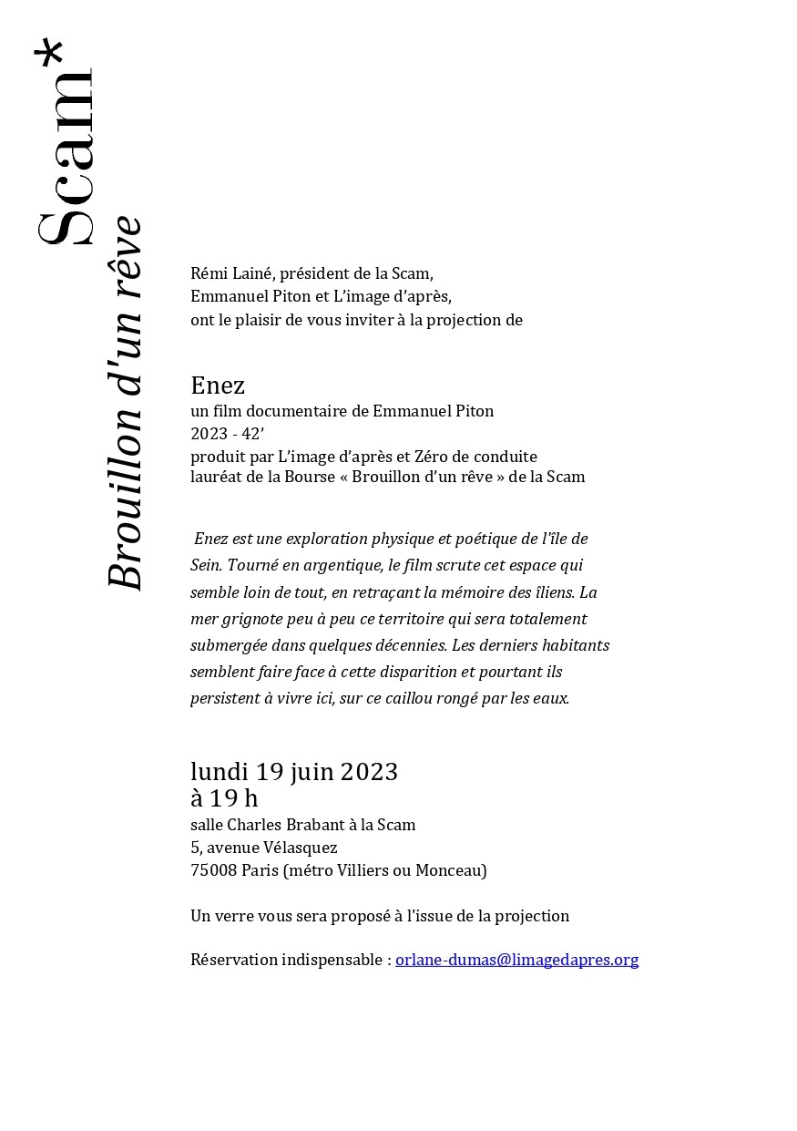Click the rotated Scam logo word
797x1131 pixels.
[66, 159]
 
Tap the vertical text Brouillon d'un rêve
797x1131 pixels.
[125, 403]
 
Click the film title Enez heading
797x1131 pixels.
[218, 386]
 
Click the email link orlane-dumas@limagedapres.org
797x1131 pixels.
[516, 960]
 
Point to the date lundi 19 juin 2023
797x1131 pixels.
[294, 772]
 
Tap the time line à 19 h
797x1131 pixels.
[224, 798]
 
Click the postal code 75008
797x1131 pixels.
[214, 870]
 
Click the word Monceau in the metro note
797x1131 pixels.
[451, 870]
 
